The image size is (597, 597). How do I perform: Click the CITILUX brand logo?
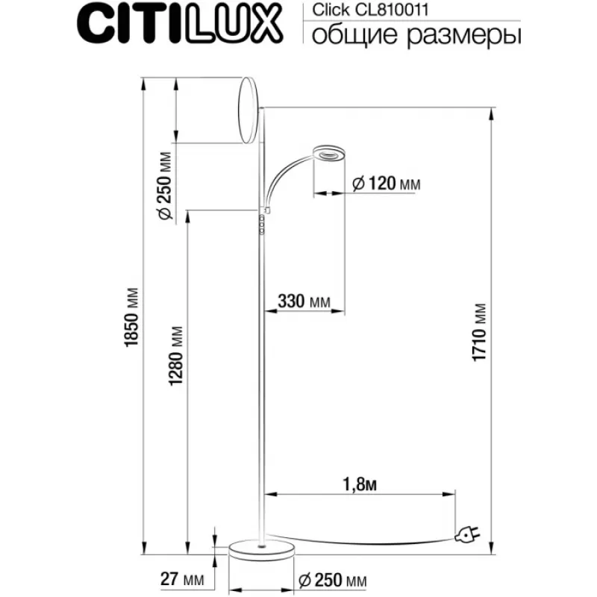tap(180, 25)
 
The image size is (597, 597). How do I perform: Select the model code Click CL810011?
tap(370, 10)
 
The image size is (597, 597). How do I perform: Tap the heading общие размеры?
tap(416, 36)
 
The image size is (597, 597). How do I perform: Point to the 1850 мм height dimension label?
tap(131, 317)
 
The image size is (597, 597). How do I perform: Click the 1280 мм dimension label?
tap(176, 356)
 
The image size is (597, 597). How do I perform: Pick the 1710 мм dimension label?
tap(479, 332)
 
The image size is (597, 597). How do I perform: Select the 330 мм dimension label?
tap(304, 301)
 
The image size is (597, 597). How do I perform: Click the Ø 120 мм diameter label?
tap(386, 184)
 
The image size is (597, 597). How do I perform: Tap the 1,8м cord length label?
tap(360, 484)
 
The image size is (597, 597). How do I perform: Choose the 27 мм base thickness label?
tap(182, 579)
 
